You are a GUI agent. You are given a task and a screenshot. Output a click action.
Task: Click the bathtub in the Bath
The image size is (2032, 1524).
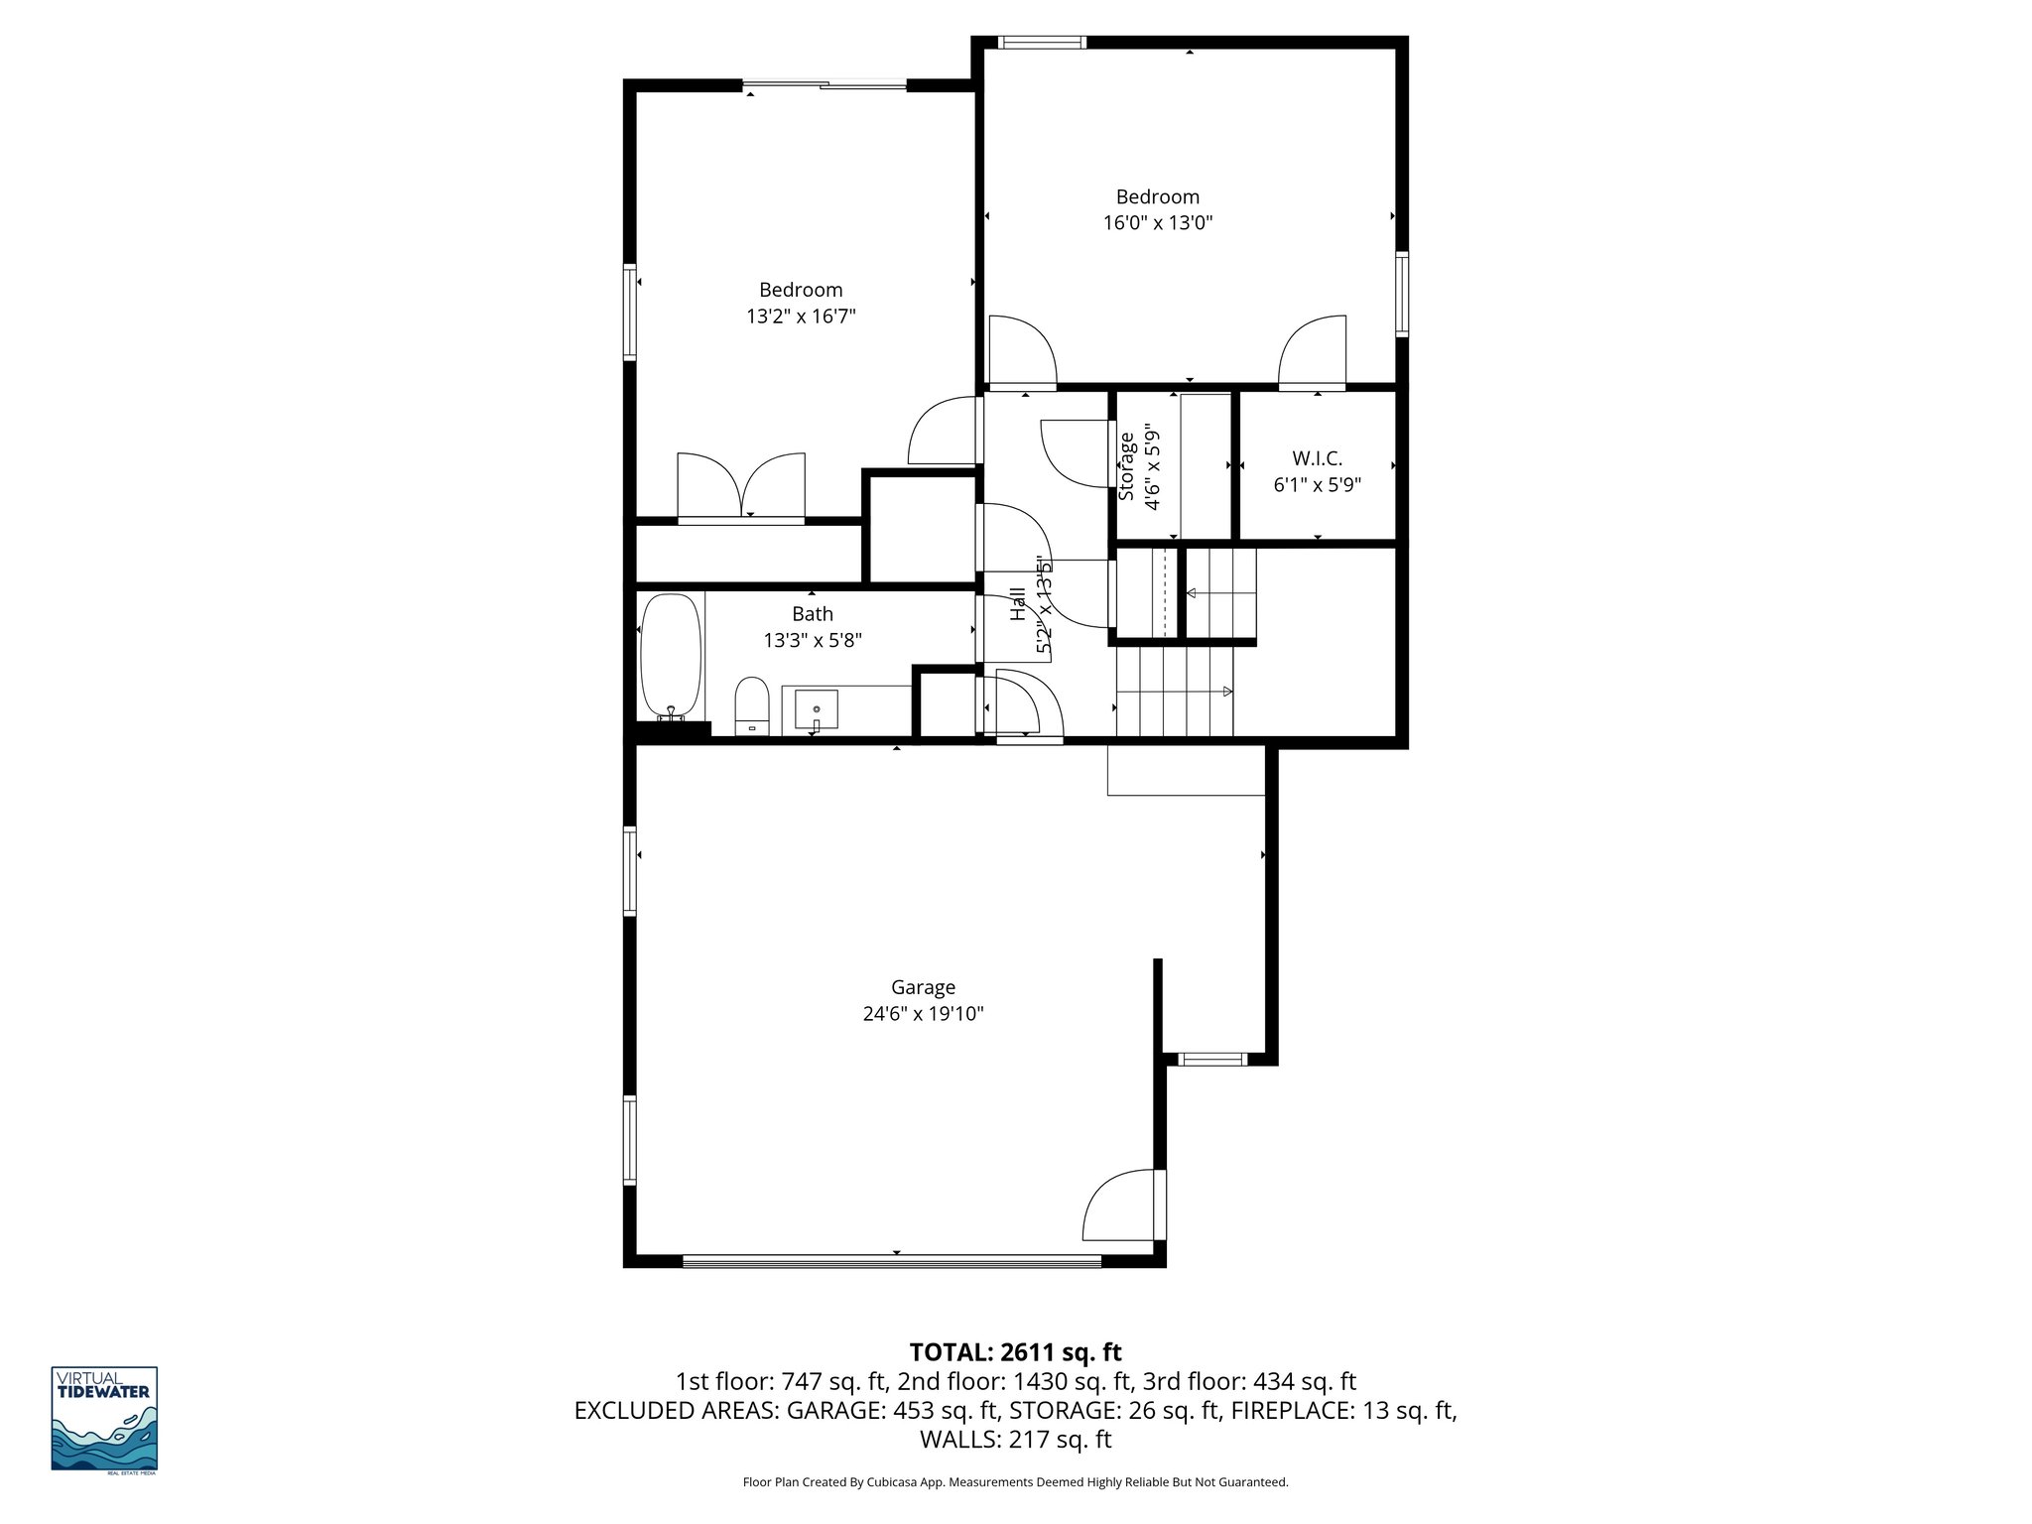(x=671, y=658)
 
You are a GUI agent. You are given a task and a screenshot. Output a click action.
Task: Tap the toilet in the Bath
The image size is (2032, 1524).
(x=752, y=705)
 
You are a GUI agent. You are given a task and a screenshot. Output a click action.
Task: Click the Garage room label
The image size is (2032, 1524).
(x=923, y=987)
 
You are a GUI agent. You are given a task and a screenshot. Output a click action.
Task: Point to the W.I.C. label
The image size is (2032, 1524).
(x=1317, y=459)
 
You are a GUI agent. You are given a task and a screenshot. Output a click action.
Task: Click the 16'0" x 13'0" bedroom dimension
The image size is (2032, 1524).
(x=1158, y=223)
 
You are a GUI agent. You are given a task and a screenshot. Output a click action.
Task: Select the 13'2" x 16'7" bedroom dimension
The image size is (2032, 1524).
(x=801, y=317)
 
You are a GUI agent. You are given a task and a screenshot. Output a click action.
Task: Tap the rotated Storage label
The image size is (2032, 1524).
(x=1126, y=466)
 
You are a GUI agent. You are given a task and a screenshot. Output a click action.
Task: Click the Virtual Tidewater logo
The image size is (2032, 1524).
(x=104, y=1419)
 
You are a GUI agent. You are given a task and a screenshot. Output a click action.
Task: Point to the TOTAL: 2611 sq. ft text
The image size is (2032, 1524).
(x=1015, y=1351)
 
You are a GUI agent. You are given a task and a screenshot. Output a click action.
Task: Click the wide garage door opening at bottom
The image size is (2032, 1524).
(x=892, y=1261)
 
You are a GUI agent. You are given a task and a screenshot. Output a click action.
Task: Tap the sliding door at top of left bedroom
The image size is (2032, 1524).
(x=825, y=86)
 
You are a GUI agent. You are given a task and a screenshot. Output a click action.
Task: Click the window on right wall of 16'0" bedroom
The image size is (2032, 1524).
(x=1401, y=294)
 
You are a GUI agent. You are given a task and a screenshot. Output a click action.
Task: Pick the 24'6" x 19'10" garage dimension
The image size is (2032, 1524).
(x=923, y=1014)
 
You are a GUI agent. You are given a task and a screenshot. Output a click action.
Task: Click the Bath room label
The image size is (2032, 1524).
(x=812, y=614)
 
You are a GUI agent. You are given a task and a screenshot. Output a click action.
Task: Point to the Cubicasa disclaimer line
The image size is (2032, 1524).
(x=1015, y=1481)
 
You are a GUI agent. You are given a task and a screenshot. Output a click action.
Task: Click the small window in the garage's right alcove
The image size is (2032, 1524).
(x=1213, y=1060)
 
